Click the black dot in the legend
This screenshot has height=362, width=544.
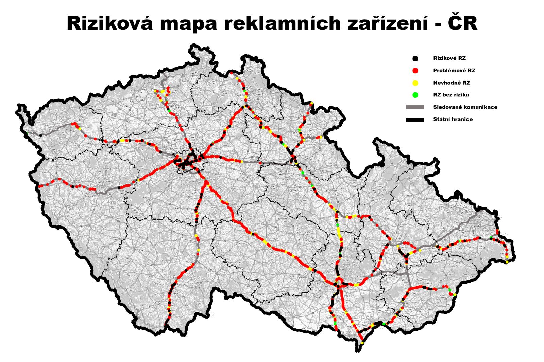(x=415, y=58)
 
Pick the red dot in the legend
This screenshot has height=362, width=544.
(x=415, y=71)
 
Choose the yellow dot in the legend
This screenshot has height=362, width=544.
(x=415, y=83)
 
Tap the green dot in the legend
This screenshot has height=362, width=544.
(x=415, y=95)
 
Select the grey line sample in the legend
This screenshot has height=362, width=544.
(x=415, y=107)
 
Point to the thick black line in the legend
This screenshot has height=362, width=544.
(x=415, y=120)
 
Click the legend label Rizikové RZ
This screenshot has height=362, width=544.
(x=449, y=58)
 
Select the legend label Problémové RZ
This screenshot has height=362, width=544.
(x=454, y=71)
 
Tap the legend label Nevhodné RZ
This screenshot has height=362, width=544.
(x=452, y=83)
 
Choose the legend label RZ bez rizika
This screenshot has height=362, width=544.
(x=451, y=95)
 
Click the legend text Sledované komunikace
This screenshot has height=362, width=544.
(x=465, y=107)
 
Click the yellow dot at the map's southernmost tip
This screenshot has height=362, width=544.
(x=362, y=343)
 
